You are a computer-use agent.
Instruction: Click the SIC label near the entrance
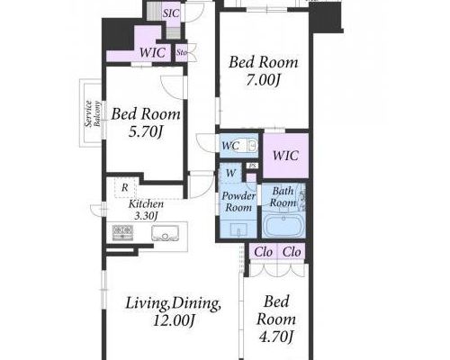tap(171, 13)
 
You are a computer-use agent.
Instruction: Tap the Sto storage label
tap(182, 53)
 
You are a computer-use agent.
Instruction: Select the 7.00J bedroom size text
tap(263, 80)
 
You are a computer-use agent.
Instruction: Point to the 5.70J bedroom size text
tap(146, 131)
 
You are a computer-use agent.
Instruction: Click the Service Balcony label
tap(93, 113)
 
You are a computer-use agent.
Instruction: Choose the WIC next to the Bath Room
tap(285, 156)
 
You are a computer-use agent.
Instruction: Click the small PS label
tap(252, 166)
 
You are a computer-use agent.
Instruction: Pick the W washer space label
tap(231, 173)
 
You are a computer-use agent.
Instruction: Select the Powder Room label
tap(238, 202)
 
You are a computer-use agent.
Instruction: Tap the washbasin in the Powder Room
tap(238, 229)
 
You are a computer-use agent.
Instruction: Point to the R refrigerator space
tap(125, 188)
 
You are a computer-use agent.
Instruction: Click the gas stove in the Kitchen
tap(122, 231)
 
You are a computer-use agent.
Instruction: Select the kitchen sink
tap(165, 233)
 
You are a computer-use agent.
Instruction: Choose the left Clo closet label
tap(263, 252)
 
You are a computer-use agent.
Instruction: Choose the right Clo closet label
tap(292, 252)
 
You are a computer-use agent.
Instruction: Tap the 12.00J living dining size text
tap(174, 321)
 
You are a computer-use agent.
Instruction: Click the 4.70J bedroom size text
tap(275, 337)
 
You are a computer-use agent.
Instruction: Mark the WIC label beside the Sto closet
tap(152, 53)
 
